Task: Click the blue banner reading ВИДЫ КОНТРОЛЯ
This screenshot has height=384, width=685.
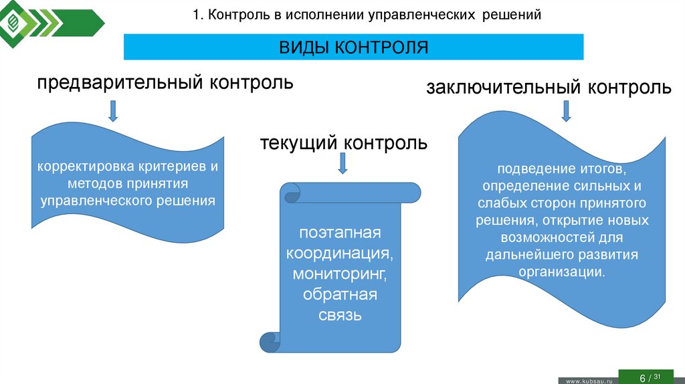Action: [x=353, y=47]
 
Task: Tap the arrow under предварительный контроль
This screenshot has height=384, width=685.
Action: [x=113, y=110]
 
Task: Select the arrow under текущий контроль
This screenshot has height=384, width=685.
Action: [x=342, y=163]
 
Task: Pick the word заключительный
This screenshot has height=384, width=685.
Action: [x=504, y=88]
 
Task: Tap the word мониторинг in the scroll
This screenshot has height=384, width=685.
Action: [x=340, y=274]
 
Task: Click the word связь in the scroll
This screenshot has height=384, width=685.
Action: [x=340, y=314]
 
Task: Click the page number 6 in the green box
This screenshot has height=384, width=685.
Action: [x=643, y=378]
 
